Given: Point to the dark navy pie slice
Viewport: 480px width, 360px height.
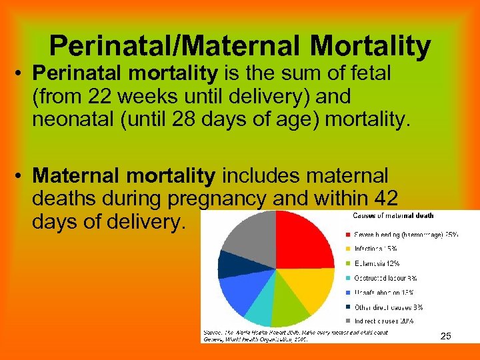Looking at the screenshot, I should pos(229,265).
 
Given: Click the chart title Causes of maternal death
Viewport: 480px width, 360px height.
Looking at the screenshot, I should pos(393,215).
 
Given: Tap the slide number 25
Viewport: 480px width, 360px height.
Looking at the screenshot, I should pos(446,336).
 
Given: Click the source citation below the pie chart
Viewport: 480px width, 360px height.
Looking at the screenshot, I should pos(287,335).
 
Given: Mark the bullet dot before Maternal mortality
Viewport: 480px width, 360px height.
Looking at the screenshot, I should pos(21,176).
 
